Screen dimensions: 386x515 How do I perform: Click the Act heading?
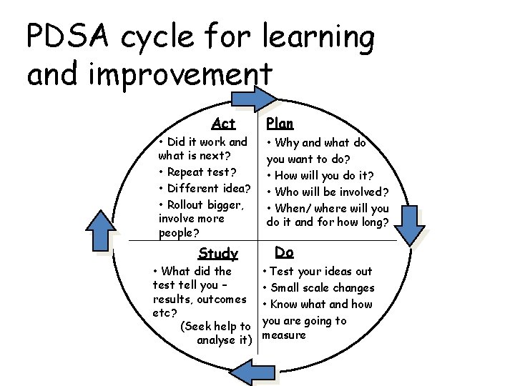(x=224, y=124)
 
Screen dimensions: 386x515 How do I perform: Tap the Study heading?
(x=218, y=253)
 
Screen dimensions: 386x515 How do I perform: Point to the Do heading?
(x=284, y=252)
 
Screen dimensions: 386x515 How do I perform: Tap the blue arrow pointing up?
(x=99, y=230)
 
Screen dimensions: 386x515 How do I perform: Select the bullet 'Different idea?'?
(x=208, y=188)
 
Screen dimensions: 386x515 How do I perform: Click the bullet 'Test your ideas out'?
(x=321, y=271)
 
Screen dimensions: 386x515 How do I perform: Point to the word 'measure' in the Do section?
(x=285, y=335)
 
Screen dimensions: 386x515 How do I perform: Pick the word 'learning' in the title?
(x=319, y=38)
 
